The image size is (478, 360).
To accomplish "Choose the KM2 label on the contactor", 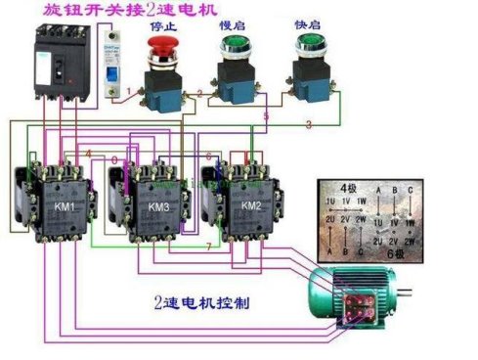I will pos(252,206).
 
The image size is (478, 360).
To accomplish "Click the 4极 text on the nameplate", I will pos(349,188).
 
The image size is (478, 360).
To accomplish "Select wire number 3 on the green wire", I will pos(309,124).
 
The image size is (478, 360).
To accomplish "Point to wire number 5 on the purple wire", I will pos(265,116).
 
